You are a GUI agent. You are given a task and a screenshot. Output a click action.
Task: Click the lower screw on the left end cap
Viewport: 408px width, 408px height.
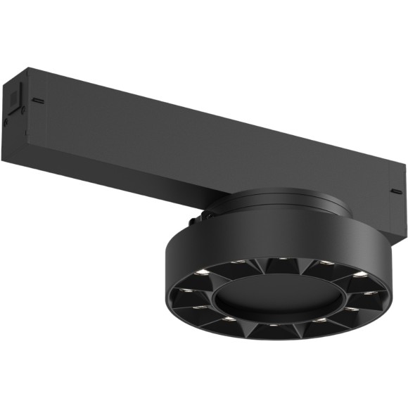(6, 121)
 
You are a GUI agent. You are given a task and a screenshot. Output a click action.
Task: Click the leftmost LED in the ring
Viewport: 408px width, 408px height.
(184, 289)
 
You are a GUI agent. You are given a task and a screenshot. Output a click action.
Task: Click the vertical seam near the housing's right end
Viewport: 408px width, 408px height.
(385, 184)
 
